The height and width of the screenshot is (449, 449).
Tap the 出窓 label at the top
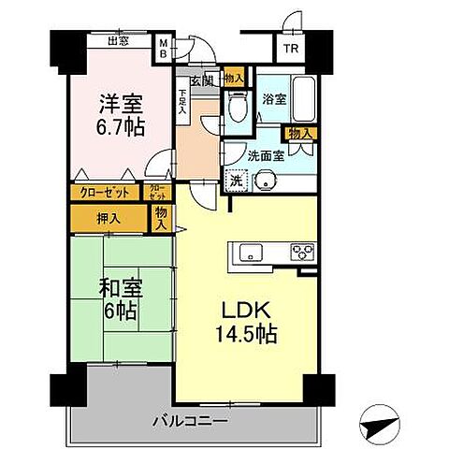(118, 40)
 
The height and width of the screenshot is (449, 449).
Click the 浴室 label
(274, 96)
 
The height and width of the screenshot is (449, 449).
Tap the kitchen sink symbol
(253, 252)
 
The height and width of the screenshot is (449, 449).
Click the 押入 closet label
(109, 218)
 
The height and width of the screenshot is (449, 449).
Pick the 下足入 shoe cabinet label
(182, 101)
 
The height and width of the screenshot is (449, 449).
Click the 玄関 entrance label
(201, 80)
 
